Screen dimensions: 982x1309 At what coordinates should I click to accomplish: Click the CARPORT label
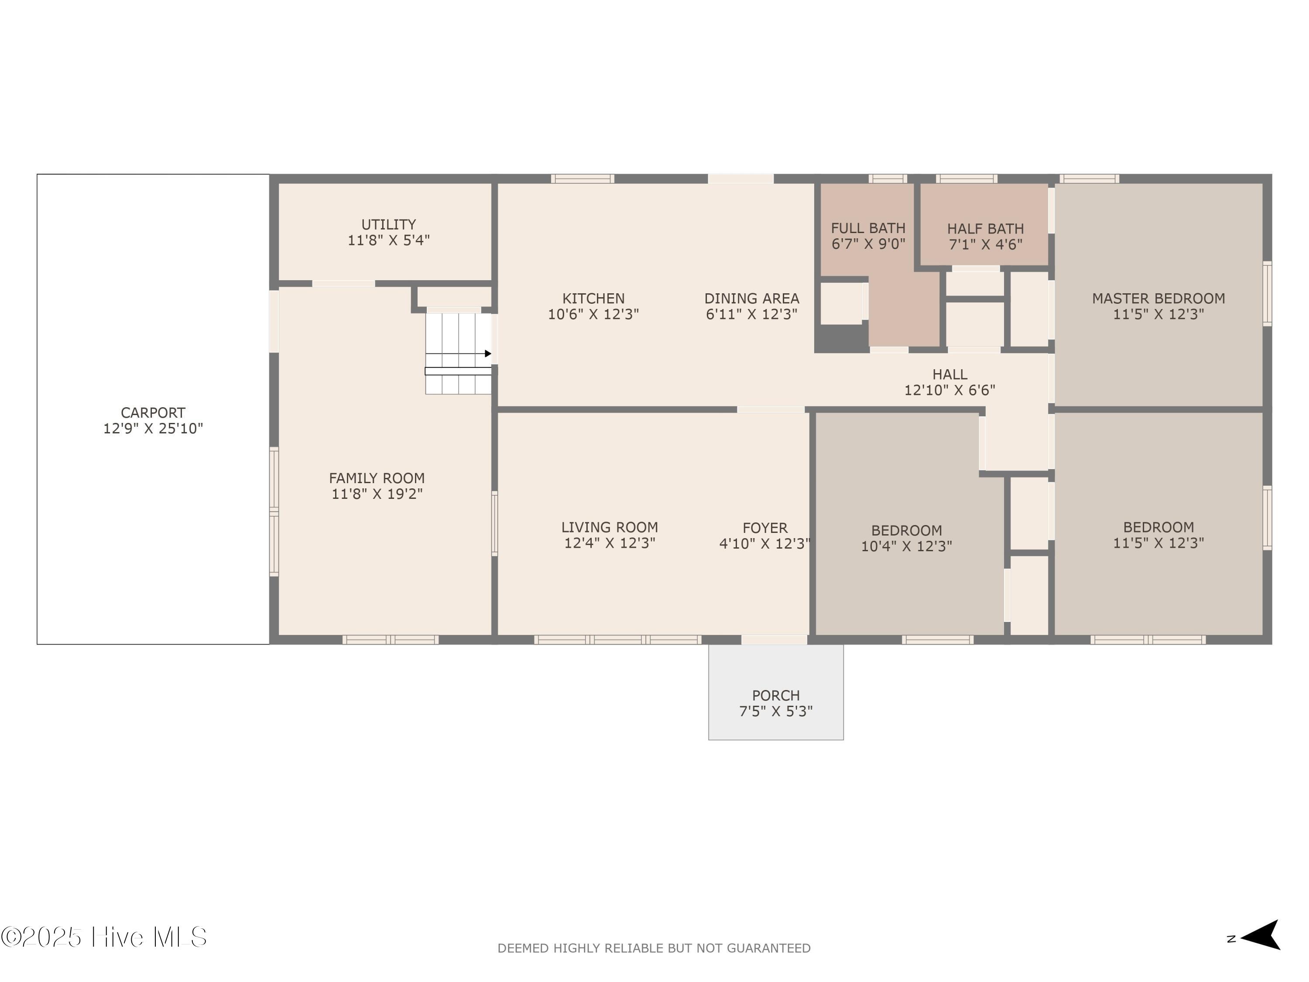153,412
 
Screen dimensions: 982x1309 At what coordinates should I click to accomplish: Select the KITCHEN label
593,299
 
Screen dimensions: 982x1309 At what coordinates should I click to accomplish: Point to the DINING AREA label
751,299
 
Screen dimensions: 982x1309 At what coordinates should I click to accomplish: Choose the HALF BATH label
985,229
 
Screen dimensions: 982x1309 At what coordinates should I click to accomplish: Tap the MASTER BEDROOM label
1158,299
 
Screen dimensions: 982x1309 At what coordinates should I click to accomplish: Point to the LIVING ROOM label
609,527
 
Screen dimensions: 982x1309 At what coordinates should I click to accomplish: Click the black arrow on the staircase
488,354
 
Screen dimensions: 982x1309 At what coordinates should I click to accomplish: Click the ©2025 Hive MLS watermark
104,937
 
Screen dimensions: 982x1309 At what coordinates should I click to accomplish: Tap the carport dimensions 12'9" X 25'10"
153,429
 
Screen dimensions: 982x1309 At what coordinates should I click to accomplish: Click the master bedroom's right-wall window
1267,294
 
